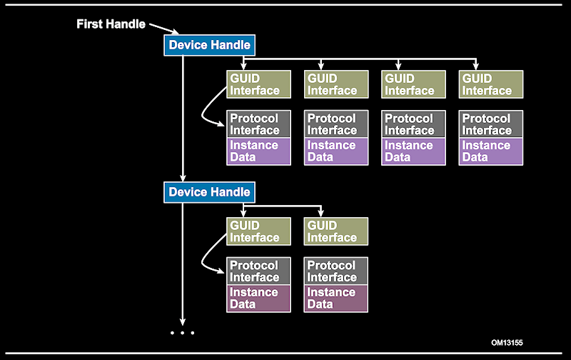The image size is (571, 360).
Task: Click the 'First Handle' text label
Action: [x=111, y=24]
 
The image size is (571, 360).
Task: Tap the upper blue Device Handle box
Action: [x=209, y=45]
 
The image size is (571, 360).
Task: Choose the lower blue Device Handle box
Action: [x=209, y=192]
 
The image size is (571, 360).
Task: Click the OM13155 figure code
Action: [x=507, y=343]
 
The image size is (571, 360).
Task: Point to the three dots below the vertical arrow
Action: [x=183, y=333]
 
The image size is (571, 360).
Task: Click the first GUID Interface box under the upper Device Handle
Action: [x=258, y=84]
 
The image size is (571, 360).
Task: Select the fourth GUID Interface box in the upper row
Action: [x=490, y=84]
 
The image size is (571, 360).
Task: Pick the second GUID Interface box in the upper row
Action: [x=335, y=84]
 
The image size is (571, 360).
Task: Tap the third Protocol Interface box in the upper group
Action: [x=413, y=124]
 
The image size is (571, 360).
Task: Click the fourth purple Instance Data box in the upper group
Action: [x=490, y=151]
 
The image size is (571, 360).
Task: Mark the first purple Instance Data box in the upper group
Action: [x=258, y=151]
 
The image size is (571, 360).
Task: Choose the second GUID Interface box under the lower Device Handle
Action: [x=335, y=231]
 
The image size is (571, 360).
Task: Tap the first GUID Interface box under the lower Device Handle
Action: [x=258, y=231]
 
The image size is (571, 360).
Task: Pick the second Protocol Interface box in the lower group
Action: [x=335, y=271]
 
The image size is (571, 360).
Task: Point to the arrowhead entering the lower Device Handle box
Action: [x=183, y=179]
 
